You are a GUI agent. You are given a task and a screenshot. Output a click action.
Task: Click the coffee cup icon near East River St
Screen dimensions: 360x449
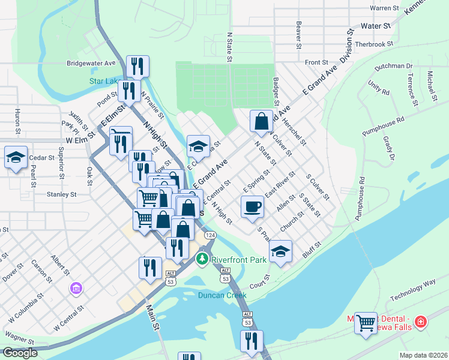pos(252,206)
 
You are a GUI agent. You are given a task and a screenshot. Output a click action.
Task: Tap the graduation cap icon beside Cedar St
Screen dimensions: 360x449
pos(16,158)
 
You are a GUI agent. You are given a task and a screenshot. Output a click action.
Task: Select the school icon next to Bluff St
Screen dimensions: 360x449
pos(280,251)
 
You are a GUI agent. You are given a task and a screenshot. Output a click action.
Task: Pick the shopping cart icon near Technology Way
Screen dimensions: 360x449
pos(366,323)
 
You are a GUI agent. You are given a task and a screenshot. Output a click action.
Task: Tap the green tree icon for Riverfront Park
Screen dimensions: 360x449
pos(203,259)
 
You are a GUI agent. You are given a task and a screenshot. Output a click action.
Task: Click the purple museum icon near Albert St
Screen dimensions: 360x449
pos(76,289)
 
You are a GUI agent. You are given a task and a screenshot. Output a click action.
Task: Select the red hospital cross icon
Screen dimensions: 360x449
pos(421,322)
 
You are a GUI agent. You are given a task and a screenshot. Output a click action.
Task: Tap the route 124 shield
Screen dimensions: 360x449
pos(209,236)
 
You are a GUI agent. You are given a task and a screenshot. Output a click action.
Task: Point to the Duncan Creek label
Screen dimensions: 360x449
pos(223,295)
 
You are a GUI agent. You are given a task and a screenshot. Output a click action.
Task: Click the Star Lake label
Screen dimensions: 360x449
pos(104,80)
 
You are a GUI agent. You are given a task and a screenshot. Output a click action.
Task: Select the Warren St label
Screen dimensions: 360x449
pos(384,8)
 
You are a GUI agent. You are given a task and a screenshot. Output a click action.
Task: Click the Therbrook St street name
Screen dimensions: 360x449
pos(373,44)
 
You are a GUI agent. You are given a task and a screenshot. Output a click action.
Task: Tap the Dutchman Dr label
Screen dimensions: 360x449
pos(393,67)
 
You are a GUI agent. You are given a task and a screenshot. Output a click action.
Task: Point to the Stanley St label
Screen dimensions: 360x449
pos(62,194)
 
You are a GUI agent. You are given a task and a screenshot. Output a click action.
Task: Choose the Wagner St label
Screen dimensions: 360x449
pos(19,334)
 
